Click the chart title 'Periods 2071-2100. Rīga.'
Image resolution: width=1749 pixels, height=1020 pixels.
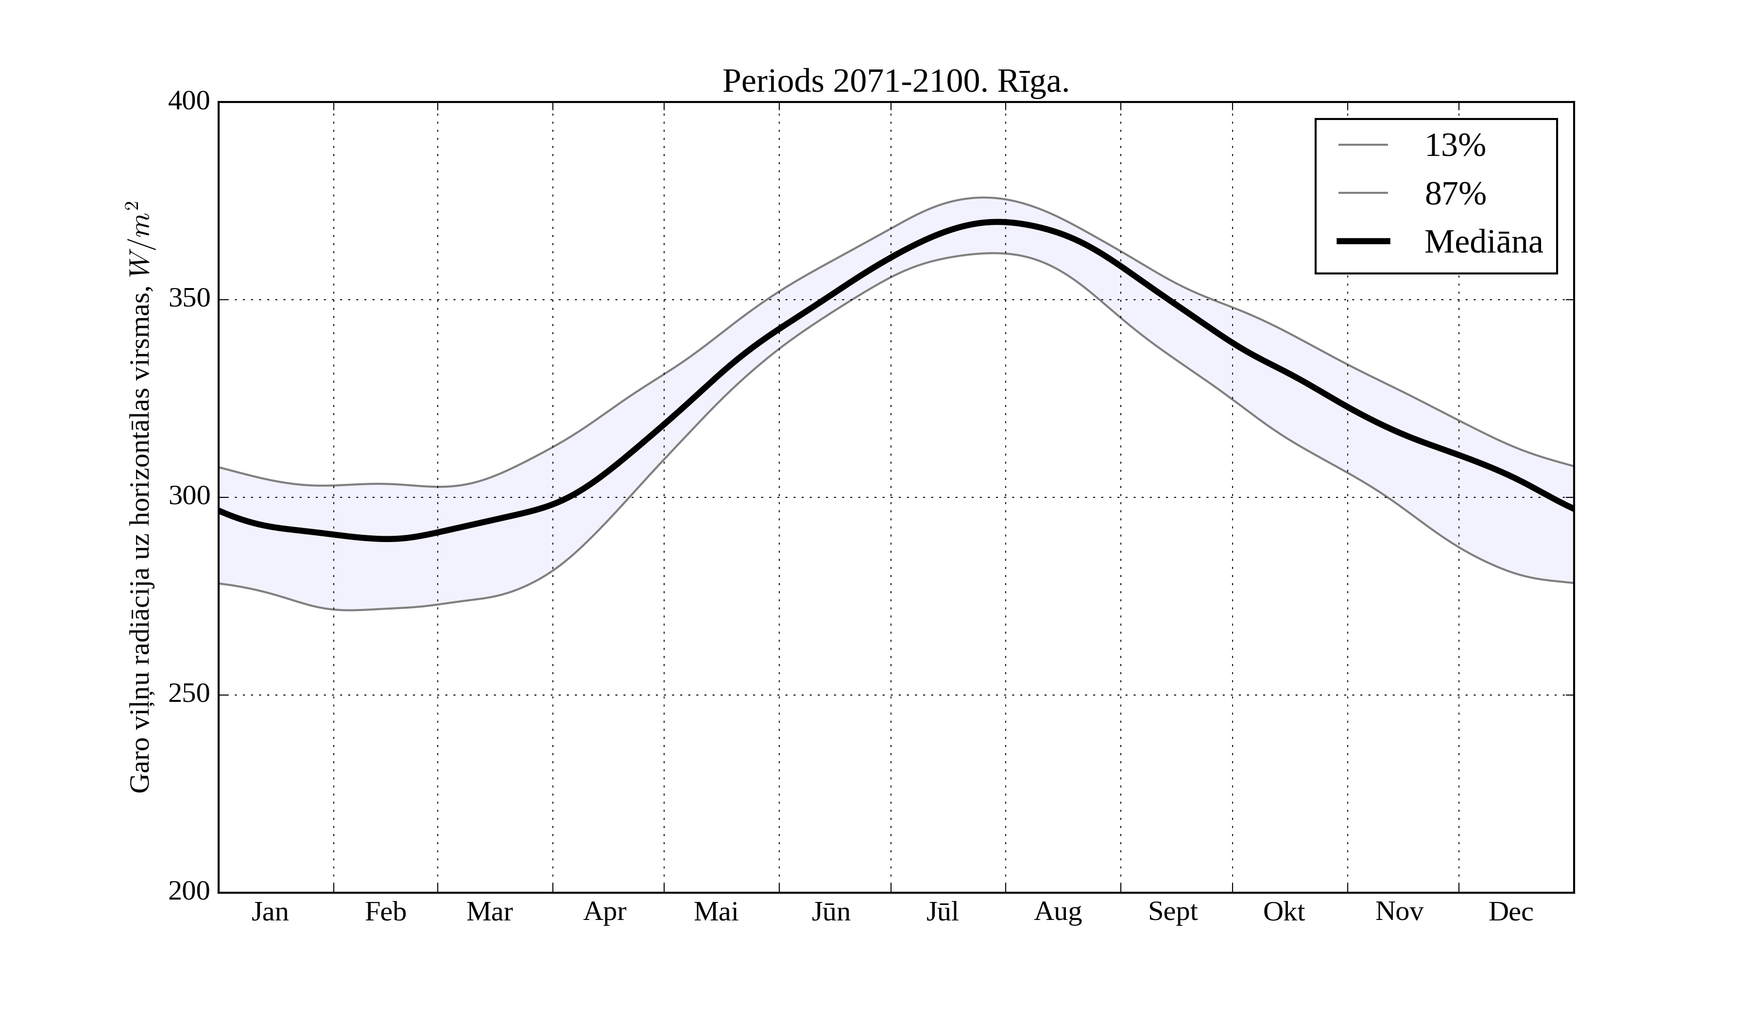[x=895, y=82]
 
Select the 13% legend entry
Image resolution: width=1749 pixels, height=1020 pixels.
[x=1454, y=146]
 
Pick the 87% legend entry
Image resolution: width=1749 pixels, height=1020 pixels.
[x=1455, y=194]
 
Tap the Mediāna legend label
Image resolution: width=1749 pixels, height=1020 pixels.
[x=1483, y=242]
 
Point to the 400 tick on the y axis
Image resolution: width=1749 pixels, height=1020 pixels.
[x=189, y=102]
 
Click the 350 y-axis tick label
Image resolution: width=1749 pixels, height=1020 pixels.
[x=189, y=299]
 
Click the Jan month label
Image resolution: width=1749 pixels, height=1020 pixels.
[x=270, y=912]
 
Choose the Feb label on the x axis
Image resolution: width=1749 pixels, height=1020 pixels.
[x=385, y=912]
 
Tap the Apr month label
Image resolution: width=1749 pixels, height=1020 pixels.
[x=604, y=912]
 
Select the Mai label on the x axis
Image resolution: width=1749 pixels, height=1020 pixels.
[x=716, y=912]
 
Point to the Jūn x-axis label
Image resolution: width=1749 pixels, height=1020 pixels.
[x=831, y=912]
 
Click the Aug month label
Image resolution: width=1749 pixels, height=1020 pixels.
[x=1058, y=912]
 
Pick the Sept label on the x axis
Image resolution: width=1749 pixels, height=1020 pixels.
[x=1173, y=912]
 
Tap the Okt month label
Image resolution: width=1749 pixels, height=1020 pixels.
[x=1284, y=912]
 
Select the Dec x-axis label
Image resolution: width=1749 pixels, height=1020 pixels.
[x=1511, y=912]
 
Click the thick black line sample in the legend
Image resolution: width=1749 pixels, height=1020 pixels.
[x=1363, y=241]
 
